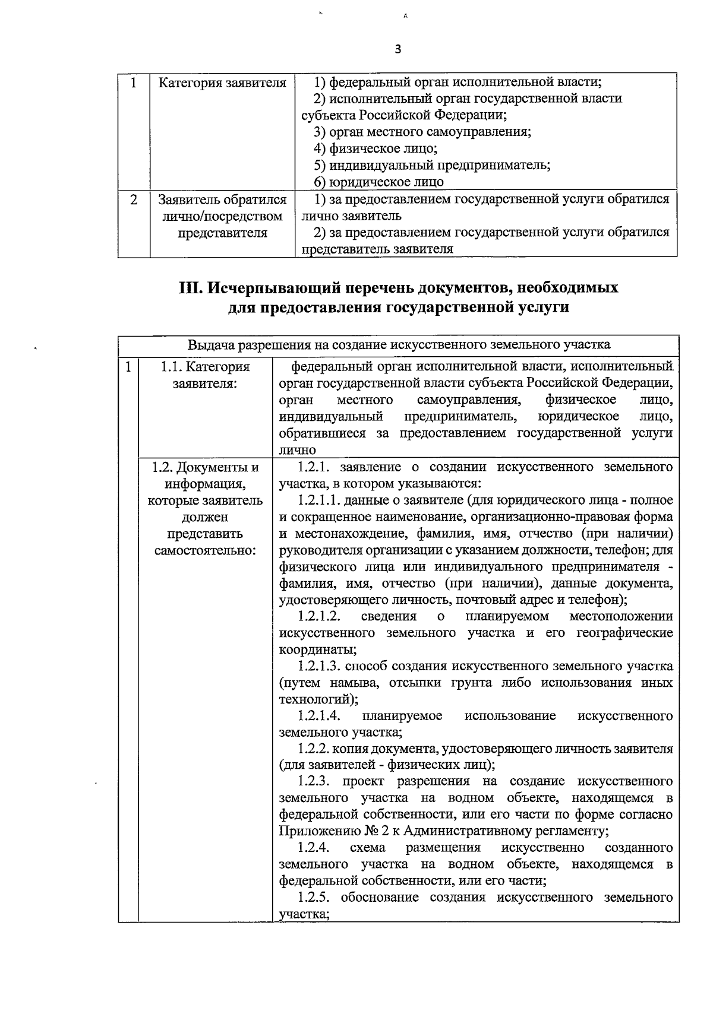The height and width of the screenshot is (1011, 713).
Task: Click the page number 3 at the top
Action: (397, 50)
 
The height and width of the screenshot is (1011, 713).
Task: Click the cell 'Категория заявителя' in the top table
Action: (222, 83)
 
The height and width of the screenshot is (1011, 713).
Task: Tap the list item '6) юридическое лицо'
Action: (378, 182)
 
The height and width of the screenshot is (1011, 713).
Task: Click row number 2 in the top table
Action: (134, 200)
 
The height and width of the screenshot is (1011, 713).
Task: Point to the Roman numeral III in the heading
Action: (191, 288)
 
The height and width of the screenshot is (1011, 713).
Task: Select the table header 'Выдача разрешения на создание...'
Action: (398, 345)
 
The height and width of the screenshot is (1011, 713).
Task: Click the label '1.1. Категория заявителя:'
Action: (205, 375)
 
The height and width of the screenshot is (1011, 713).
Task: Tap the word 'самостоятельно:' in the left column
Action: (205, 550)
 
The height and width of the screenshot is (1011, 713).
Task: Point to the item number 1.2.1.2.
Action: (319, 616)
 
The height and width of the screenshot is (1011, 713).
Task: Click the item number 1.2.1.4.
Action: (319, 716)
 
